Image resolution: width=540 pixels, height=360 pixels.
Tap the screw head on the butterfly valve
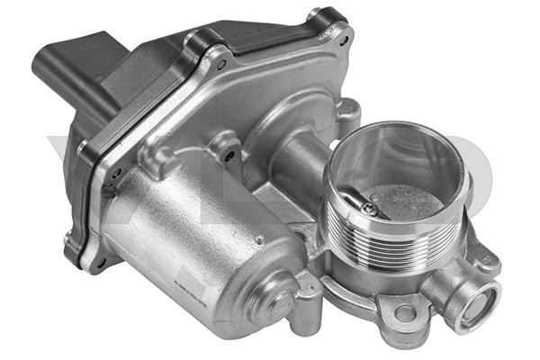[370, 209]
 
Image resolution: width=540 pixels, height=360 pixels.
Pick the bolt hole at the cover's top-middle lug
[220, 63]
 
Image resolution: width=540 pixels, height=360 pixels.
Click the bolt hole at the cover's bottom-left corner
[100, 261]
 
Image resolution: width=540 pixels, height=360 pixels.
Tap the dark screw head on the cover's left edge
[108, 192]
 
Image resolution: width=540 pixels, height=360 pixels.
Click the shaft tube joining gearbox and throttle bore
[306, 162]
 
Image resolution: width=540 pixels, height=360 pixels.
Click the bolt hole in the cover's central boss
[229, 155]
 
